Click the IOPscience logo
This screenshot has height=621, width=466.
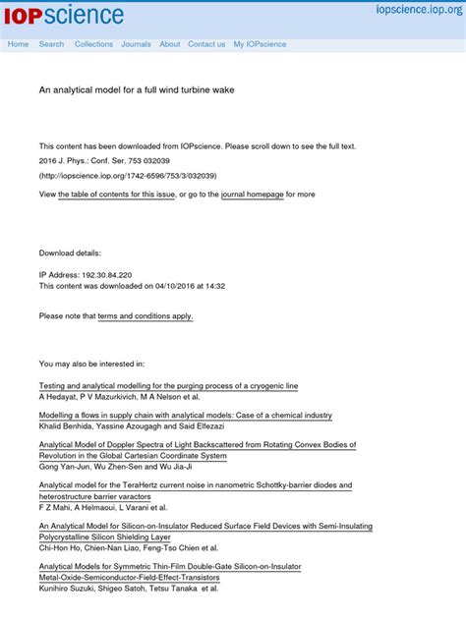coord(65,15)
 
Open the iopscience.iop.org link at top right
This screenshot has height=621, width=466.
coord(416,10)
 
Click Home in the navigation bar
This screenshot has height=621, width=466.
coord(18,44)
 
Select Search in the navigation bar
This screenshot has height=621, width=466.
coord(51,44)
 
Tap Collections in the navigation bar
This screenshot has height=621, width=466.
coord(93,44)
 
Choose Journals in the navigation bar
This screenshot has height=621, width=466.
coord(136,44)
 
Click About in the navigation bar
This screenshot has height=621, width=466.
coord(169,44)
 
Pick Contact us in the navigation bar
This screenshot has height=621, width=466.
coord(206,44)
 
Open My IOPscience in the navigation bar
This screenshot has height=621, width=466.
coord(260,44)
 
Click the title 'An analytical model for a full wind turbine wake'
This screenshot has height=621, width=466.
coord(136,89)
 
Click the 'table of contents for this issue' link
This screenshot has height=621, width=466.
coord(117,195)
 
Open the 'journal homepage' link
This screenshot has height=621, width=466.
coord(253,195)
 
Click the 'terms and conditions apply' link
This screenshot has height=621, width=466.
coord(145,316)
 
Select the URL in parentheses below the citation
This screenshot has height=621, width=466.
coord(128,176)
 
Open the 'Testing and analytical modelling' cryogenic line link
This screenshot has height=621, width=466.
coord(168,386)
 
